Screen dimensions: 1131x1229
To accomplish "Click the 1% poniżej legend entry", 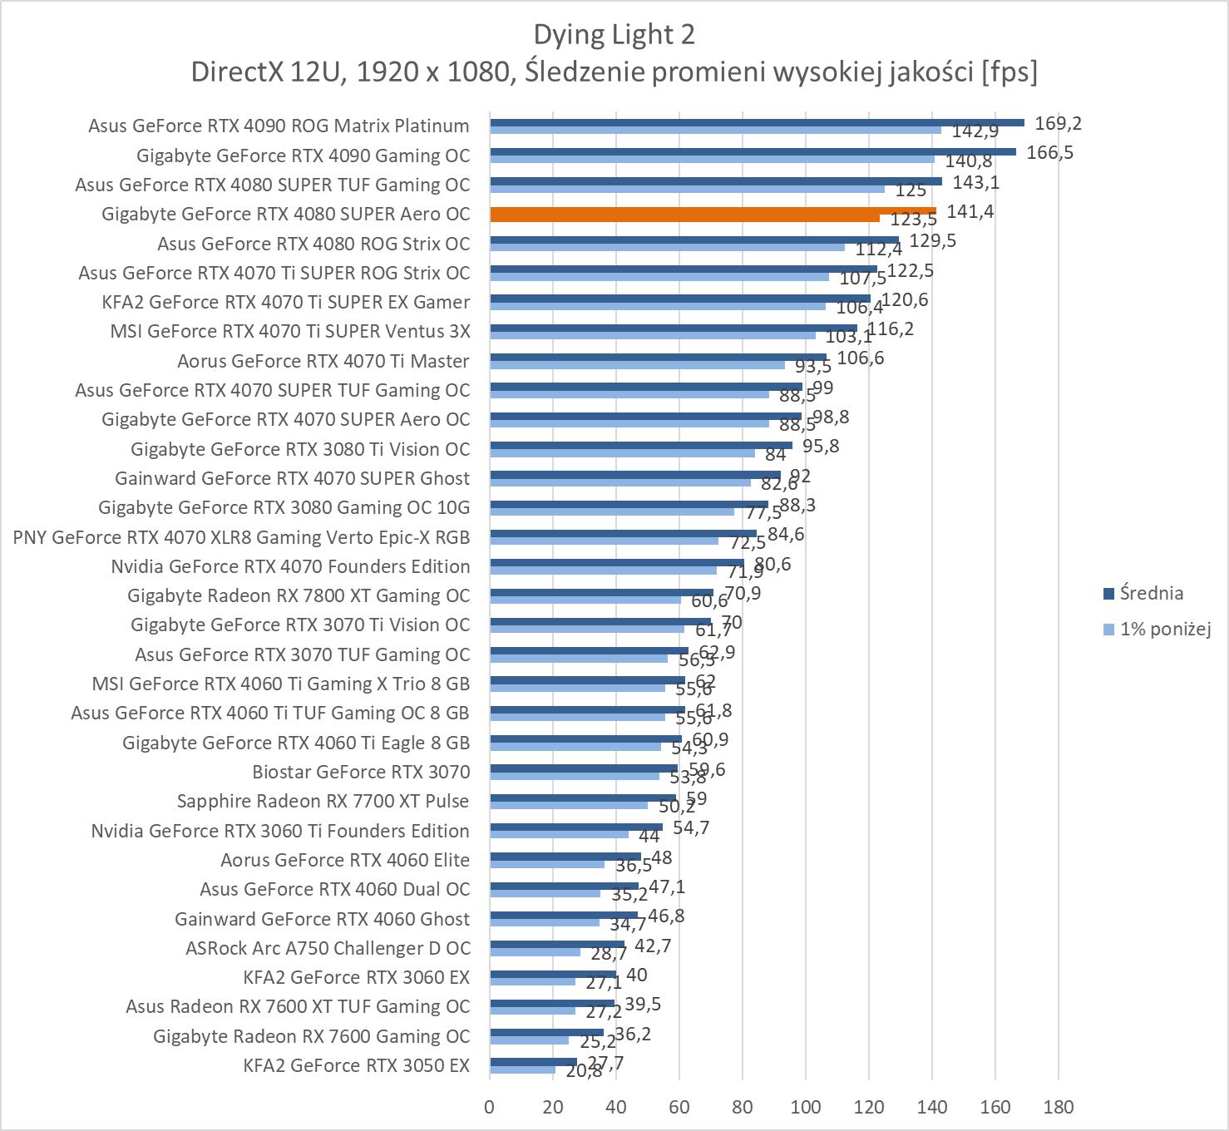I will pos(1164,629).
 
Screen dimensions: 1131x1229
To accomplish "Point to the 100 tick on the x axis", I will pos(805,1107).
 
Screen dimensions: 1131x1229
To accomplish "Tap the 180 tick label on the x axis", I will pos(1058,1107).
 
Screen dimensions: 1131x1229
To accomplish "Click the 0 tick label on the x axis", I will pos(490,1107).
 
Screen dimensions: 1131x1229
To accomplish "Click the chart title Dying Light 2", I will pos(614,35).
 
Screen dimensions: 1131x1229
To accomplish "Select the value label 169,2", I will pos(1058,124).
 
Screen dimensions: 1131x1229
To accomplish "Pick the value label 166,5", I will pos(1049,153).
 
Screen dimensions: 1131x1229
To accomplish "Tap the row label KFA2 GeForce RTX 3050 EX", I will pos(356,1065).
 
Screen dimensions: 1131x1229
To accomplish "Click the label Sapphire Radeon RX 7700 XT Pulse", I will pos(323,801).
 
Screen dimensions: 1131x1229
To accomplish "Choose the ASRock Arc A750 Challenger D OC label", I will pos(328,948).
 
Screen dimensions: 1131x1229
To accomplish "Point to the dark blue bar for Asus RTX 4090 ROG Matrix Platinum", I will pos(757,122).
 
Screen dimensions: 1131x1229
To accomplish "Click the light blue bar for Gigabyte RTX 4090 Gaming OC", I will pos(712,159).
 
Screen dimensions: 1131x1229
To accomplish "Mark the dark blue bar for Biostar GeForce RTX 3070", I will pos(584,768).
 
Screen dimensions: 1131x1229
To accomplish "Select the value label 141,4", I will pos(970,212).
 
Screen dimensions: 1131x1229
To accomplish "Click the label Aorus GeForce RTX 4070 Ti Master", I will pos(323,361).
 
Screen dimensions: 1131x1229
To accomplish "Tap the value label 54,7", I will pos(691,828).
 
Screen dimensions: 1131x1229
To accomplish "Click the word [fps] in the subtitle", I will pos(1009,72).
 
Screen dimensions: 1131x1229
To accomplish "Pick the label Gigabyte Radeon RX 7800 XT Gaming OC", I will pos(299,595).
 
